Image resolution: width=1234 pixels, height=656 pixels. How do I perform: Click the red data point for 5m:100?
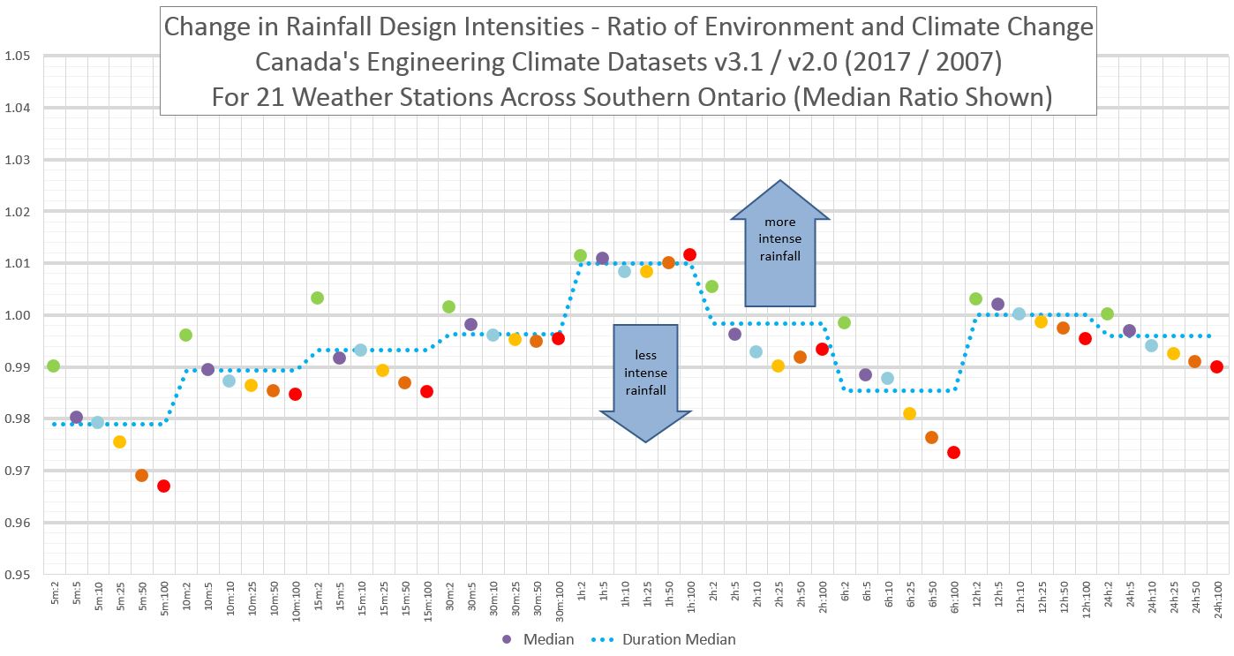(163, 486)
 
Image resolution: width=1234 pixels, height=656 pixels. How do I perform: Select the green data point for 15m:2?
(317, 298)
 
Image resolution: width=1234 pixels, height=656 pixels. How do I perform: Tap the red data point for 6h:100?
(953, 452)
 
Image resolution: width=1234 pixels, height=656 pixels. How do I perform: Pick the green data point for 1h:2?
(580, 255)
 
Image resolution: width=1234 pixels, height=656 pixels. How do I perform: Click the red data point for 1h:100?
(689, 254)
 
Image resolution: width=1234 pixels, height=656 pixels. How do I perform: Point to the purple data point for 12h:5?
(997, 304)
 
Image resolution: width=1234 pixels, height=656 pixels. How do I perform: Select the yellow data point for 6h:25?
(909, 413)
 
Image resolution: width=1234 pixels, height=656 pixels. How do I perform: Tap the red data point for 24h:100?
(1216, 366)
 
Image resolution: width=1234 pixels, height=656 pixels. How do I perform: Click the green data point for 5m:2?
(53, 366)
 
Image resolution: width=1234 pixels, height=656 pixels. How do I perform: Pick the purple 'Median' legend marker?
(507, 638)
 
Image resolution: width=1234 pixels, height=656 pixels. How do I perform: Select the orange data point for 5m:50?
(141, 475)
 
